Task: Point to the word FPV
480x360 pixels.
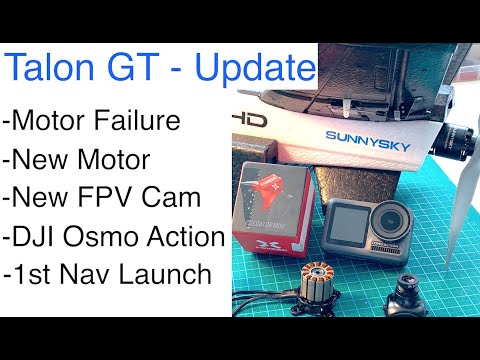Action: pyautogui.click(x=114, y=198)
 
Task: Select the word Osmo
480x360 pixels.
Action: pyautogui.click(x=105, y=236)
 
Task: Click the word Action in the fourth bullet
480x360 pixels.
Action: pyautogui.click(x=187, y=236)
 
